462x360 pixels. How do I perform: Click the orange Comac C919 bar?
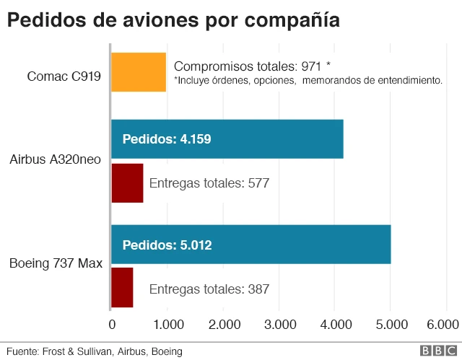(139, 72)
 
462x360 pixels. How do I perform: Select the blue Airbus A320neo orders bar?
(227, 139)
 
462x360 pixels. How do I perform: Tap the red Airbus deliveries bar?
(127, 183)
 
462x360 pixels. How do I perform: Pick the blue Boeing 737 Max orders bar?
(250, 245)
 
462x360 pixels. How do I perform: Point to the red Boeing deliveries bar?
(122, 288)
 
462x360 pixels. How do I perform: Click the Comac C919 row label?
(64, 76)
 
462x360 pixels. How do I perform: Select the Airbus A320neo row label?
(55, 159)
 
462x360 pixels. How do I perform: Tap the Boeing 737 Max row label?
(55, 263)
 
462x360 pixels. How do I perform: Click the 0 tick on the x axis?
(112, 324)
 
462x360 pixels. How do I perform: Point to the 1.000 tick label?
(167, 324)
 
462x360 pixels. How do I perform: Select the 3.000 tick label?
(279, 324)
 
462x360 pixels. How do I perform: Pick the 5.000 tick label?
(391, 324)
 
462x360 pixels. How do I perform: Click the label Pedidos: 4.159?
(167, 139)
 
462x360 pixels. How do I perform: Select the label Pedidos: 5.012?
(167, 245)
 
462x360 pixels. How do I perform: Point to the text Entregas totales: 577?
(209, 183)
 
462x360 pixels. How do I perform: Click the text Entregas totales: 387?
(209, 289)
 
